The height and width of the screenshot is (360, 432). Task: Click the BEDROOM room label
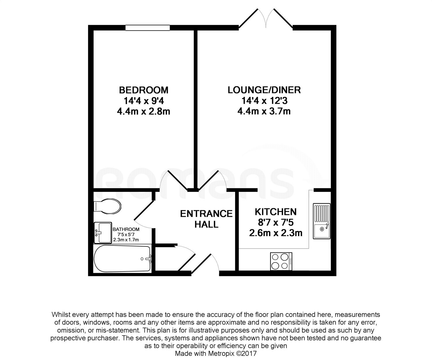tap(144, 90)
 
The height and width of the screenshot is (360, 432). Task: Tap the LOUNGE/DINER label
tap(264, 90)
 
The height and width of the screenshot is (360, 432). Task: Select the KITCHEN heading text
tap(276, 212)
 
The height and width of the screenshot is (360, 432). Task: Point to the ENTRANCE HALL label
tap(206, 219)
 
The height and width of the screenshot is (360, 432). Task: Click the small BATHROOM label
tap(126, 229)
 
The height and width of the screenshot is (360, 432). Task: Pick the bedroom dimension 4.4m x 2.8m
tap(144, 112)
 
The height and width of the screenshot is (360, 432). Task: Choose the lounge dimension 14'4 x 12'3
tap(264, 101)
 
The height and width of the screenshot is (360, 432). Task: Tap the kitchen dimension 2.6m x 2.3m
tap(276, 233)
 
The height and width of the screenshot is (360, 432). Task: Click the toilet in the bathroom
tap(107, 206)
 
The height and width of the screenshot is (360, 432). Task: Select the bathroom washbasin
tap(103, 233)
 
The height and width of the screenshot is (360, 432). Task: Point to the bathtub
tap(122, 259)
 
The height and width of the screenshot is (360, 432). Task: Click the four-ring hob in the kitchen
tap(281, 261)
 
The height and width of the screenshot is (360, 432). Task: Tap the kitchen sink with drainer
tap(321, 221)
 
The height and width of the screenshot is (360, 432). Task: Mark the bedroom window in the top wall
tap(147, 28)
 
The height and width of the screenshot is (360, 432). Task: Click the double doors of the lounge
tap(266, 19)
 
